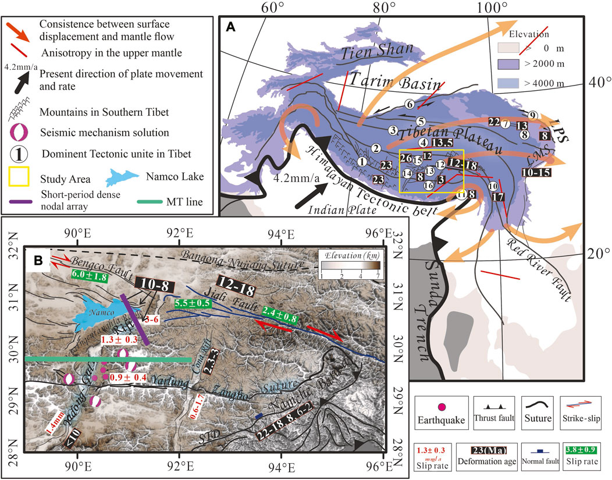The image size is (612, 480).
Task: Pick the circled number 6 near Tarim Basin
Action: click(410, 104)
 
